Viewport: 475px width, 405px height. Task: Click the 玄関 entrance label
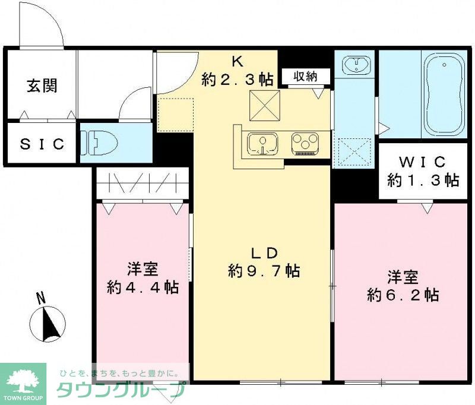pyautogui.click(x=42, y=87)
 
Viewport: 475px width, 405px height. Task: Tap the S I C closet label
pyautogui.click(x=42, y=144)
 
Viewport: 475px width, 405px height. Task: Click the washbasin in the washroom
pyautogui.click(x=355, y=64)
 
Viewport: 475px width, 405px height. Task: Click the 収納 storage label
pyautogui.click(x=303, y=76)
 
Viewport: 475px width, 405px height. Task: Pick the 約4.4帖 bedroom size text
pyautogui.click(x=142, y=287)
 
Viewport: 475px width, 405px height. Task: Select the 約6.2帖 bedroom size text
pyautogui.click(x=403, y=295)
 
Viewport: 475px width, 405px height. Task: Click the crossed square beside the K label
pyautogui.click(x=263, y=105)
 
